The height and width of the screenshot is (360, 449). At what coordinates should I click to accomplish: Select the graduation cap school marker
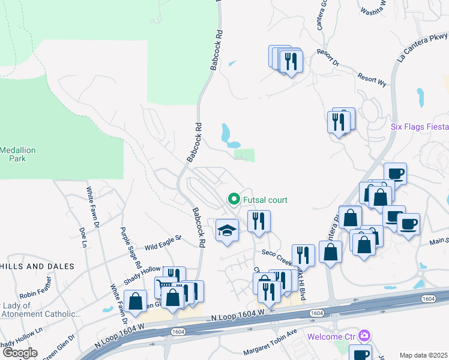[227, 230]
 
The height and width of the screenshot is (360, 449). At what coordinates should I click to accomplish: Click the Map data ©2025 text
[423, 355]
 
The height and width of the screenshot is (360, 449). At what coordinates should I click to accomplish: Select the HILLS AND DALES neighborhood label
[37, 266]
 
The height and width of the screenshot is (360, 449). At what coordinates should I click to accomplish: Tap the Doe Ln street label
[83, 236]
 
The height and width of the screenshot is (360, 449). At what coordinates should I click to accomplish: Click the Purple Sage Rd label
[130, 248]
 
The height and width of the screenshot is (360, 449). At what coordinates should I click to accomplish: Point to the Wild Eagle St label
[162, 243]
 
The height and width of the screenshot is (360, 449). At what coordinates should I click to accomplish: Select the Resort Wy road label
[372, 80]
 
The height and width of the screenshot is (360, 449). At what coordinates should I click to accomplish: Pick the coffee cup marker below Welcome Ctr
[361, 353]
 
